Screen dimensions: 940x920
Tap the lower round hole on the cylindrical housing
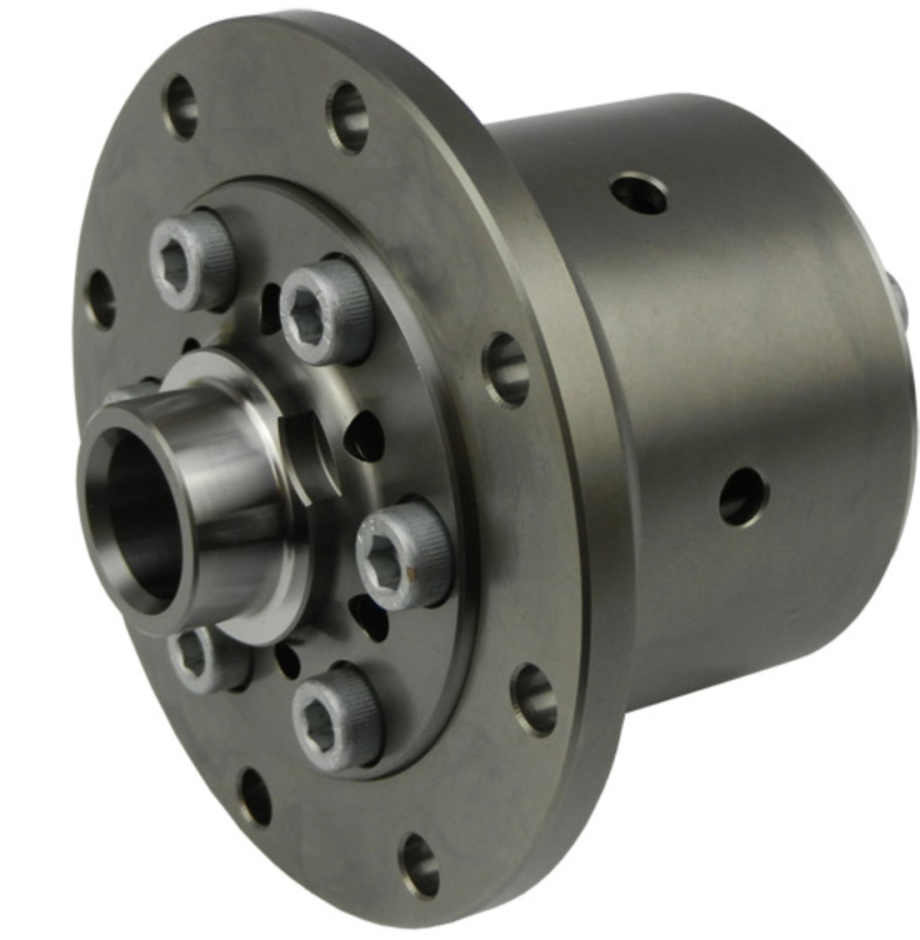[742, 497]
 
